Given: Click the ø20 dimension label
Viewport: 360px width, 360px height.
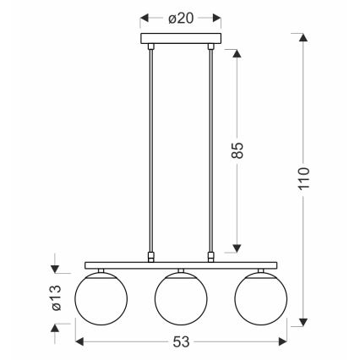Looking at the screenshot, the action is [181, 19].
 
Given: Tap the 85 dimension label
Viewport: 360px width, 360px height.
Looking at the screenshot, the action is [237, 150].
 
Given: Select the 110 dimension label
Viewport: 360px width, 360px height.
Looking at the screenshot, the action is [304, 178].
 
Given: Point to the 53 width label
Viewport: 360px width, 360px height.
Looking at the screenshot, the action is [181, 342].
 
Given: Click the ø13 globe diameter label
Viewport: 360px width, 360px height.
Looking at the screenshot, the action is [57, 297].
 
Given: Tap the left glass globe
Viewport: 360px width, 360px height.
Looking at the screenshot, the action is [101, 298].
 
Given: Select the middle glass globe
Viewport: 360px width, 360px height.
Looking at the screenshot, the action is [181, 298].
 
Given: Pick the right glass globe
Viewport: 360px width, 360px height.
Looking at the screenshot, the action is [261, 298].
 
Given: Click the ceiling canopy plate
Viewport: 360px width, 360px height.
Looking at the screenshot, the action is [181, 38].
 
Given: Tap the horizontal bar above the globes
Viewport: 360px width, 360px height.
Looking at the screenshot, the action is [181, 265].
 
